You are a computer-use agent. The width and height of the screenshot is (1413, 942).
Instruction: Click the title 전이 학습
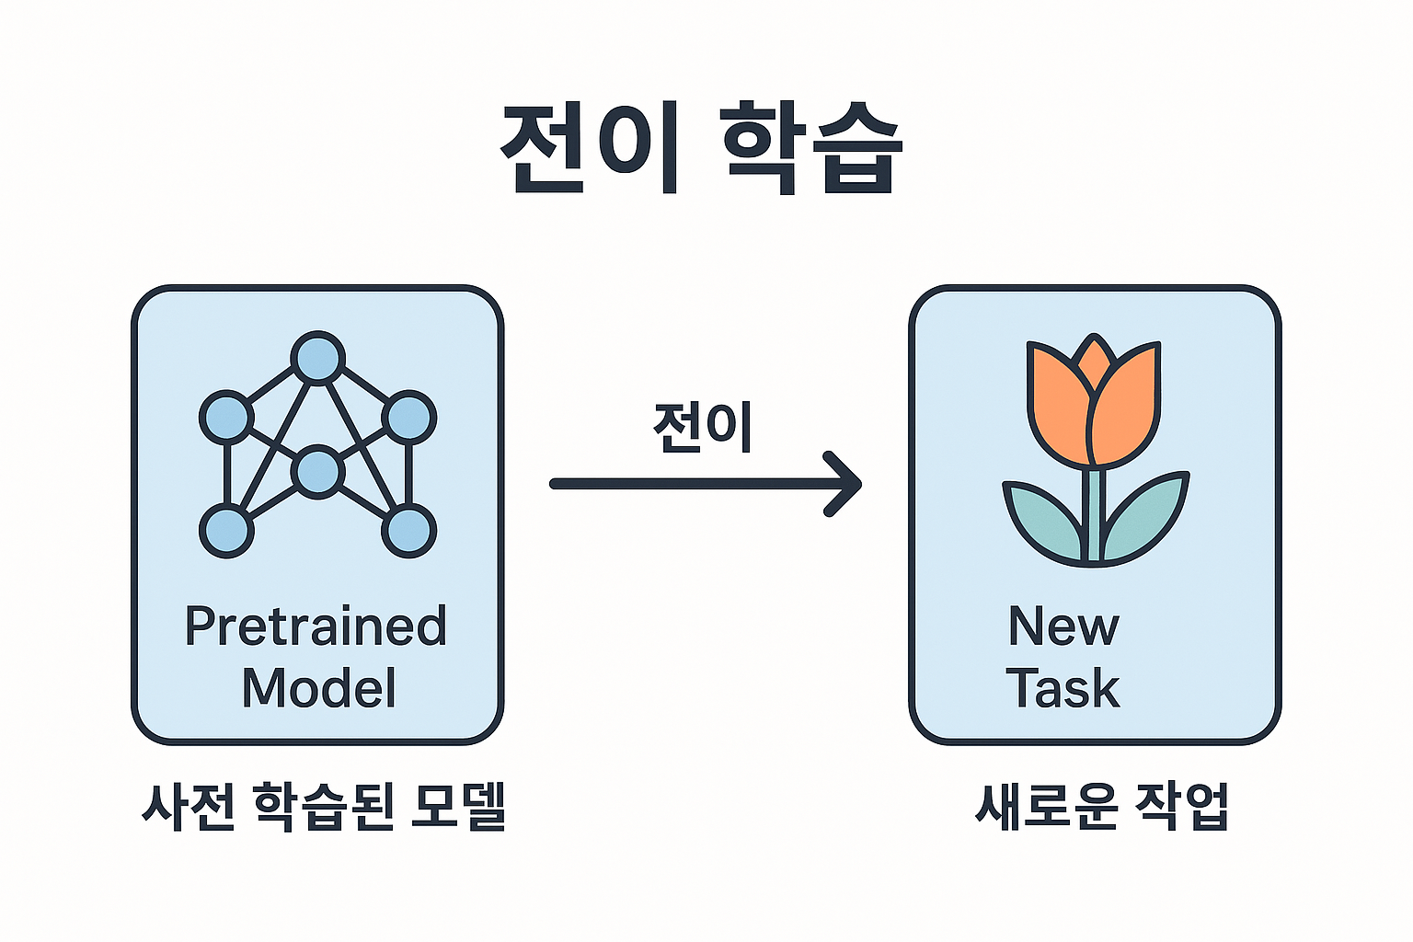coord(701,147)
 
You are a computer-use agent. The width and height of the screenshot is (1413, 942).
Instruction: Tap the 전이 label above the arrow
coord(703,427)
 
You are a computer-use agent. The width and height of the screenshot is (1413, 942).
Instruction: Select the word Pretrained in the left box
coord(316,627)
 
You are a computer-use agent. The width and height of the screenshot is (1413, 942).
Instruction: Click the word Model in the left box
coord(318,688)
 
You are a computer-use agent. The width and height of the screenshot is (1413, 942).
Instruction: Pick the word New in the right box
coord(1063,627)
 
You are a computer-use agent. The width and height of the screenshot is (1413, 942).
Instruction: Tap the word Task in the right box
coord(1063,688)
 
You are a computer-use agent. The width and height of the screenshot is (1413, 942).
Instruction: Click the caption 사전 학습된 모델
coord(324,808)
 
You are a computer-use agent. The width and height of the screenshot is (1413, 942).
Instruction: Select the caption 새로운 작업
coord(1102,808)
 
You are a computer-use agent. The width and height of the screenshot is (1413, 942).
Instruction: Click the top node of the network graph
coord(317,358)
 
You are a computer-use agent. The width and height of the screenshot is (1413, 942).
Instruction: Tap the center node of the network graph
coord(317,472)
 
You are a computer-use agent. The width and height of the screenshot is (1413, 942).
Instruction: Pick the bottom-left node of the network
coord(226,531)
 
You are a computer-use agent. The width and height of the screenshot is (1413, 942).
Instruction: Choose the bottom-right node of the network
coord(408,531)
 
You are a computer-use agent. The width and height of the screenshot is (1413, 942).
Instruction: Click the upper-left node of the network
coord(226,417)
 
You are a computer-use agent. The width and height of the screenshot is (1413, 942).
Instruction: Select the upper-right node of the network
coord(408,417)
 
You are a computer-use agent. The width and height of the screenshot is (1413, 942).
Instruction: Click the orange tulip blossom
coord(1093,405)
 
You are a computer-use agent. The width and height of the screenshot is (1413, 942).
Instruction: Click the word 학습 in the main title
coord(810,147)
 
